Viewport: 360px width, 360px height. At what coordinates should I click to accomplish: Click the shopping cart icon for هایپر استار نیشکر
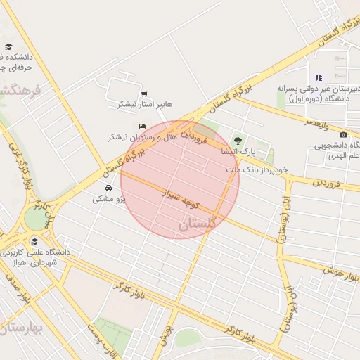[x=144, y=94]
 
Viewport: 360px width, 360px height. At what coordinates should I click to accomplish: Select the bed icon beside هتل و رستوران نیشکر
[x=142, y=127]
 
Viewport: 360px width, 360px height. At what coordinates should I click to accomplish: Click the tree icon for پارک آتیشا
[x=238, y=141]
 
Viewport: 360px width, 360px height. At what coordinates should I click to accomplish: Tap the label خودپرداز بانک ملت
[x=257, y=170]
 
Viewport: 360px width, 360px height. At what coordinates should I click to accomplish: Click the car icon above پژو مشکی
[x=108, y=188]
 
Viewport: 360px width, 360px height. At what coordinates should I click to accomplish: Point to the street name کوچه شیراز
[x=181, y=198]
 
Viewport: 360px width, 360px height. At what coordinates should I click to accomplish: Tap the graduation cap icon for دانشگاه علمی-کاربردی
[x=33, y=240]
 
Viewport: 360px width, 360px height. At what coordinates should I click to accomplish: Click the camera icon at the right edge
[x=343, y=135]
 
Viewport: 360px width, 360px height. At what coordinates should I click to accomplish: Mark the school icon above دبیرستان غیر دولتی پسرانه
[x=319, y=77]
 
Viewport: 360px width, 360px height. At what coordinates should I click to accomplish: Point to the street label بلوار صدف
[x=15, y=288]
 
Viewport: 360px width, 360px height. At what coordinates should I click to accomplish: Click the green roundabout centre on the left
[x=34, y=219]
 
